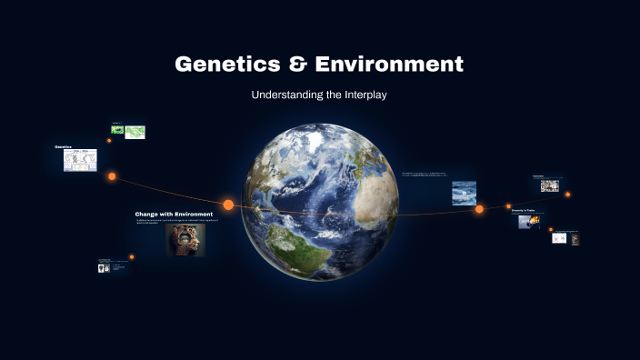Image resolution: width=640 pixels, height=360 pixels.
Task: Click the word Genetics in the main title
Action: tap(225, 65)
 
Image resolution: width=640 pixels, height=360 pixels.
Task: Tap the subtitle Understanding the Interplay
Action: tap(319, 95)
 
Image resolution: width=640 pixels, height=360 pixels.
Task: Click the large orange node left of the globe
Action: tap(228, 205)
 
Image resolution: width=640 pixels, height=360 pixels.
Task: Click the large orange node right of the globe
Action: tap(479, 209)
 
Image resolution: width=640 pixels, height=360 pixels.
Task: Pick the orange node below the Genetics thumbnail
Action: tap(112, 176)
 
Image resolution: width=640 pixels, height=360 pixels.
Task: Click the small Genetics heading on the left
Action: tap(63, 146)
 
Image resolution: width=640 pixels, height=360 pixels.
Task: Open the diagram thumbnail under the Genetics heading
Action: tap(80, 160)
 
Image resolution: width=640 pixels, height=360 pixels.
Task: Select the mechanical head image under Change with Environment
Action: tap(185, 240)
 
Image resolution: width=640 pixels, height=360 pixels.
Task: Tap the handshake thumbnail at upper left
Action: tap(116, 130)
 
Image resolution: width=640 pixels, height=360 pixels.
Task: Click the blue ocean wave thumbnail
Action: tap(464, 193)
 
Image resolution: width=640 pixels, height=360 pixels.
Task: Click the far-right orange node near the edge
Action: tap(568, 194)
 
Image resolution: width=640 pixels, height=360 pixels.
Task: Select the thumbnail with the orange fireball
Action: tap(530, 221)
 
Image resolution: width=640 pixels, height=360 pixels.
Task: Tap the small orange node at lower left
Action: tap(132, 256)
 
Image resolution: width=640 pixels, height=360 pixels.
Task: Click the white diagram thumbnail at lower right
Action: tap(559, 238)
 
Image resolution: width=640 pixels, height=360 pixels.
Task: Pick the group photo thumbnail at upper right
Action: tap(549, 185)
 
